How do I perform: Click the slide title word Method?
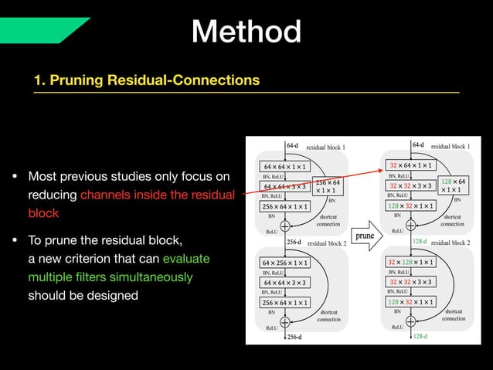click(246, 32)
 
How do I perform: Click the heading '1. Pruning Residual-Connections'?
click(146, 80)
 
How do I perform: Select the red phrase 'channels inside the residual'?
click(157, 195)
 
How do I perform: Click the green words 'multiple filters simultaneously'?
click(110, 277)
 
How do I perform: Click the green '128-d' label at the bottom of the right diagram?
click(420, 337)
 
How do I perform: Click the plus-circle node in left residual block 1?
click(284, 226)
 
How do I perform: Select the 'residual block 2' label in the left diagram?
click(326, 243)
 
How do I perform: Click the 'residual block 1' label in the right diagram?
click(450, 145)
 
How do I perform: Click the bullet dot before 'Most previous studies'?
click(15, 177)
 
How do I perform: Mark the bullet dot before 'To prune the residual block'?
click(15, 240)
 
